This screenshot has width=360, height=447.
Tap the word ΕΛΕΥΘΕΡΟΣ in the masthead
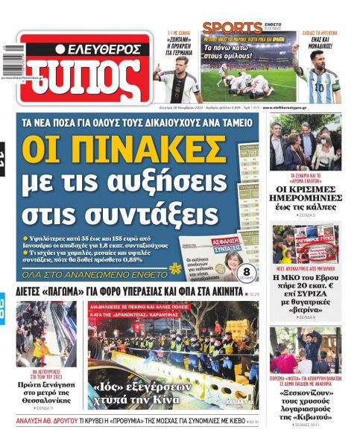point(98,49)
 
